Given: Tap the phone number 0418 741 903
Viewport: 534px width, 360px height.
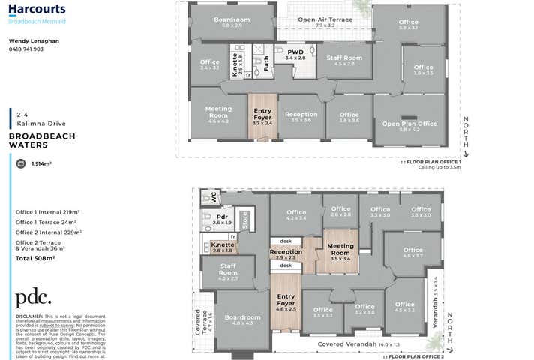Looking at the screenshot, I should pyautogui.click(x=26, y=49).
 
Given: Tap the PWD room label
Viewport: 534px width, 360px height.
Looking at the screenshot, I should pyautogui.click(x=295, y=54).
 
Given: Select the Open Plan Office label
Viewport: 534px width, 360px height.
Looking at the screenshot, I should pyautogui.click(x=409, y=126).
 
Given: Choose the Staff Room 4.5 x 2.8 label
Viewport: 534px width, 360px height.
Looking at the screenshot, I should pyautogui.click(x=345, y=61).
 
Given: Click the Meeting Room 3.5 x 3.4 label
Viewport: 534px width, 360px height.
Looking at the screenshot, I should pyautogui.click(x=340, y=252).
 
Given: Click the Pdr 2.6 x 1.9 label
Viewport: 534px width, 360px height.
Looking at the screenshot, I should pyautogui.click(x=222, y=219).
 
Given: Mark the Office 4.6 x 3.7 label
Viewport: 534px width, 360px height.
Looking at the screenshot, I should pyautogui.click(x=412, y=253).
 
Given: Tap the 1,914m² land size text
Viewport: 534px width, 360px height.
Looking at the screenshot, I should pyautogui.click(x=41, y=163).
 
